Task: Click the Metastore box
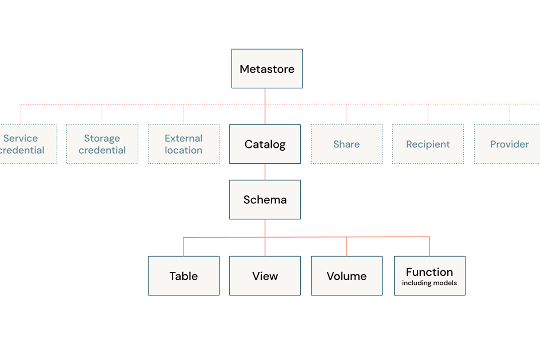(267, 69)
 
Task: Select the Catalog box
(265, 144)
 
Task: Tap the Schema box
(265, 200)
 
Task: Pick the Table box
(184, 275)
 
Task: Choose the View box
(265, 275)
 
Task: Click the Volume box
(346, 275)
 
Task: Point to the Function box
(430, 275)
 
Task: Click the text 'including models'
(429, 283)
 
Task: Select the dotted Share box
(346, 144)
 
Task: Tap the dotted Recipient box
(428, 144)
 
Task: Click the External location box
(184, 144)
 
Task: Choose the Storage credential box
(102, 144)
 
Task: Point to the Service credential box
(28, 144)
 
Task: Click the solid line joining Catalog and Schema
(265, 172)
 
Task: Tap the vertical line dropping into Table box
(184, 247)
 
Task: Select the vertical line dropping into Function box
(430, 247)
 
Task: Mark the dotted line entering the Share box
(346, 114)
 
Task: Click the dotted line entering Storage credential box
(102, 114)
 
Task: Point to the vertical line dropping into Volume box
(346, 247)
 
